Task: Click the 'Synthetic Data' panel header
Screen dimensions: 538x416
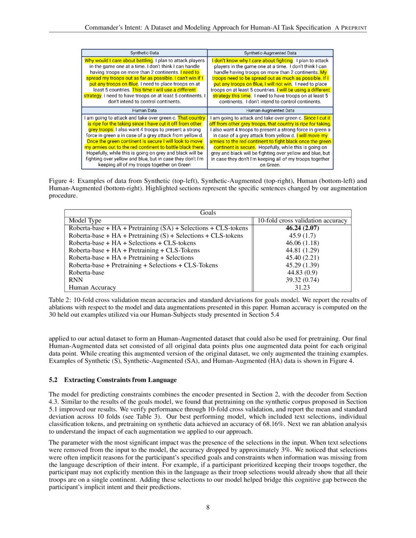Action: click(x=144, y=53)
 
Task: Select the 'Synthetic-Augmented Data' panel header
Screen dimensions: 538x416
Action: click(x=270, y=53)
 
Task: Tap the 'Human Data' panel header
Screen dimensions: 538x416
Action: click(x=144, y=111)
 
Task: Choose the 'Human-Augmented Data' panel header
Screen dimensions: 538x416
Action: click(x=270, y=111)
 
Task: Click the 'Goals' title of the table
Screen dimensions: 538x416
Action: click(x=208, y=213)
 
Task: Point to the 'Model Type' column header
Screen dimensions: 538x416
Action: click(x=85, y=221)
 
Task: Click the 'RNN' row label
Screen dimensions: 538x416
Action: click(x=76, y=280)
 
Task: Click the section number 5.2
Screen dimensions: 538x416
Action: click(x=54, y=380)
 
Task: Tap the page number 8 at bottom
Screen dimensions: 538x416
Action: click(x=208, y=507)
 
